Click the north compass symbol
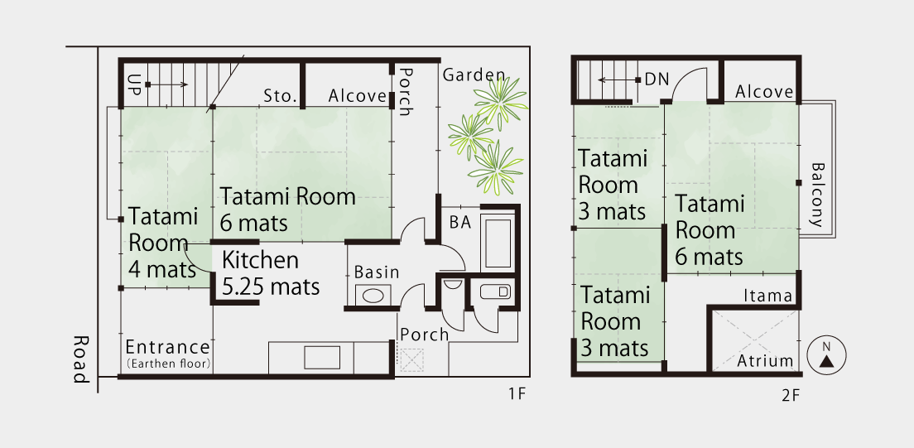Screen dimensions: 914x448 826,354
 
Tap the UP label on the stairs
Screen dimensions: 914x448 135,84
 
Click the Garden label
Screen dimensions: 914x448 474,75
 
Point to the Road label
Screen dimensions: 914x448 81,359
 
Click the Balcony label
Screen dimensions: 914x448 816,195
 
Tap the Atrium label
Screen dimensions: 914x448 765,361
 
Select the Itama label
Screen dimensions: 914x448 767,296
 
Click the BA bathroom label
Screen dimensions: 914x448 460,223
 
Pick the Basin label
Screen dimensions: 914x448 377,272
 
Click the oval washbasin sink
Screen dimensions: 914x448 373,295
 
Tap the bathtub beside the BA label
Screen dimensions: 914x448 498,242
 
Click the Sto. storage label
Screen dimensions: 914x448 281,96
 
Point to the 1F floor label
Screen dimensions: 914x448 517,393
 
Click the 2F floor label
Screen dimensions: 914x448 790,396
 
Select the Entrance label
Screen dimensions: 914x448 167,352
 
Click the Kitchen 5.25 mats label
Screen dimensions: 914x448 271,273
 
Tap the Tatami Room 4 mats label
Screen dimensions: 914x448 163,243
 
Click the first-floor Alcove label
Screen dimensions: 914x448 358,96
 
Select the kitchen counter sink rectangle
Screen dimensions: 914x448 322,358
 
